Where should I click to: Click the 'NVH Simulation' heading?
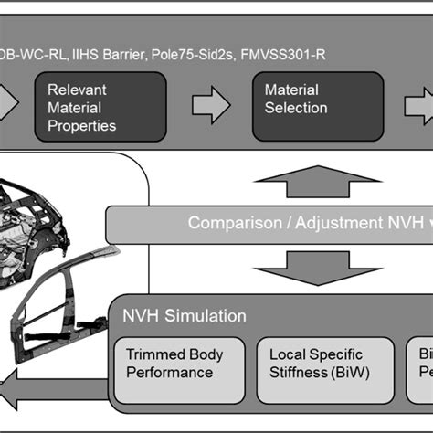pyautogui.click(x=185, y=316)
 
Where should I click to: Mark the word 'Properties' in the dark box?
pyautogui.click(x=81, y=126)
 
